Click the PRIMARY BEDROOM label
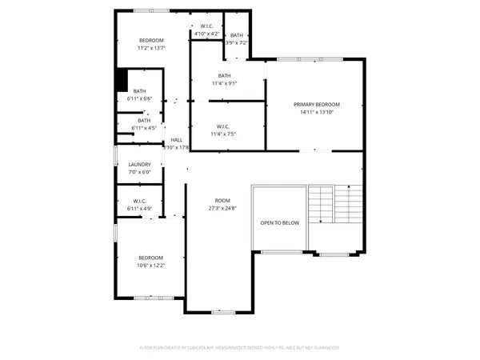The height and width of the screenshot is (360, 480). coord(316,105)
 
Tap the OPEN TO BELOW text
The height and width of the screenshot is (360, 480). coord(279,222)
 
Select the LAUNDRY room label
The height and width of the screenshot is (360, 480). coord(139,165)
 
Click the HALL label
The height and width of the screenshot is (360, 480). coord(176,140)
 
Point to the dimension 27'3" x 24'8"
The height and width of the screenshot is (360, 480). coord(222,208)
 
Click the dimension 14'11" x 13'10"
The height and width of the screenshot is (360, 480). coord(316,113)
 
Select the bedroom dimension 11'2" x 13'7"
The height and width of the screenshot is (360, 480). coord(152,48)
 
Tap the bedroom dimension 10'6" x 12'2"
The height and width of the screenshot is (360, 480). coord(151,266)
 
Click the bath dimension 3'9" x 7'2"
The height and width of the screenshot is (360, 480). coord(237,42)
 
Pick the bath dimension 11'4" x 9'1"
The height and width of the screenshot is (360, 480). coord(224,83)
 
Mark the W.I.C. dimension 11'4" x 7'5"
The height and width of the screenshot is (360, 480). coord(224,134)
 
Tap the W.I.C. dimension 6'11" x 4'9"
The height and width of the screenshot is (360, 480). coord(139,209)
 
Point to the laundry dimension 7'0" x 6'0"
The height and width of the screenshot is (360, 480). coord(139,172)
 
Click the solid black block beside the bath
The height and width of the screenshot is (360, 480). coord(122,81)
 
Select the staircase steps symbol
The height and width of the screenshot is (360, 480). coord(334,205)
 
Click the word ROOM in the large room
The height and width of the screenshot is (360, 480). coord(222,200)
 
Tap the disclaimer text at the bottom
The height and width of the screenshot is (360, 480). coord(239,348)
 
